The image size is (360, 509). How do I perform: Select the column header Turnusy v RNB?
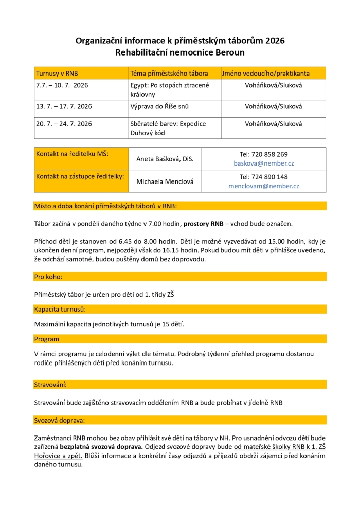57,73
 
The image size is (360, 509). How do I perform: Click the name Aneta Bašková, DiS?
165,159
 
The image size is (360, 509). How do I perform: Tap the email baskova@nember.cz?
264,163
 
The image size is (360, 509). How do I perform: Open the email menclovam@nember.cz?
264,186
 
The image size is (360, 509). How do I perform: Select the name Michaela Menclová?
165,181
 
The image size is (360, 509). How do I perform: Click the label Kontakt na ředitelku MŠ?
72,153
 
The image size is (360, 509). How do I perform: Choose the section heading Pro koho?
48,277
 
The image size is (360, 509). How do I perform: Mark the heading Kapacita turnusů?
60,309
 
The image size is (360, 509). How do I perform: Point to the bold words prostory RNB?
203,224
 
